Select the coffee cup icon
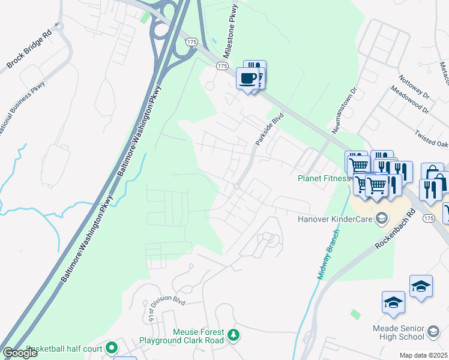pos(248,78)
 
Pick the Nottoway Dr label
pos(414,88)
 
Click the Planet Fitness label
pos(324,178)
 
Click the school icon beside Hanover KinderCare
pos(380,218)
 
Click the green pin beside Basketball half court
pos(111,347)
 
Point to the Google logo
pos(20,353)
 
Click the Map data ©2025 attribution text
pos(423,355)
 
